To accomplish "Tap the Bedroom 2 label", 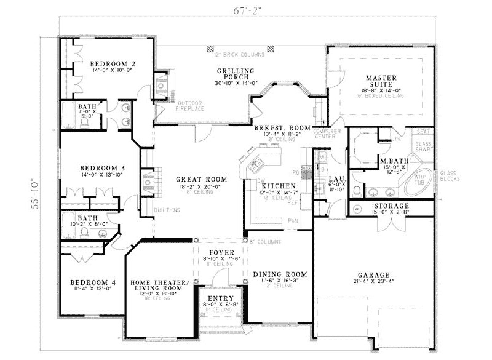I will pyautogui.click(x=113, y=63).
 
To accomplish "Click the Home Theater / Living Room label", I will pyautogui.click(x=156, y=285).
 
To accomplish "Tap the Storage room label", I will pyautogui.click(x=391, y=206).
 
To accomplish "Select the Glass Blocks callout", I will pyautogui.click(x=447, y=177).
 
